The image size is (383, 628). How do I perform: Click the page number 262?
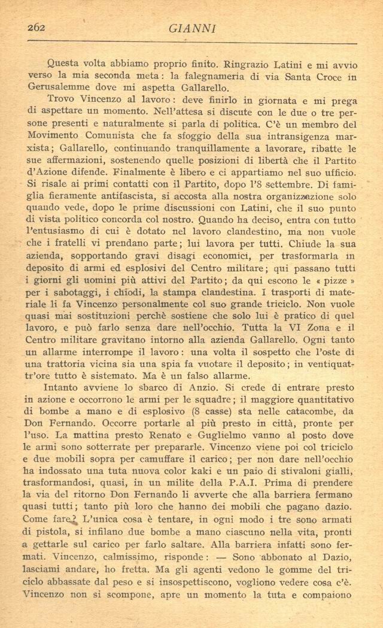pos(38,27)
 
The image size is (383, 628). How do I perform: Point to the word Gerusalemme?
pos(56,88)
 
